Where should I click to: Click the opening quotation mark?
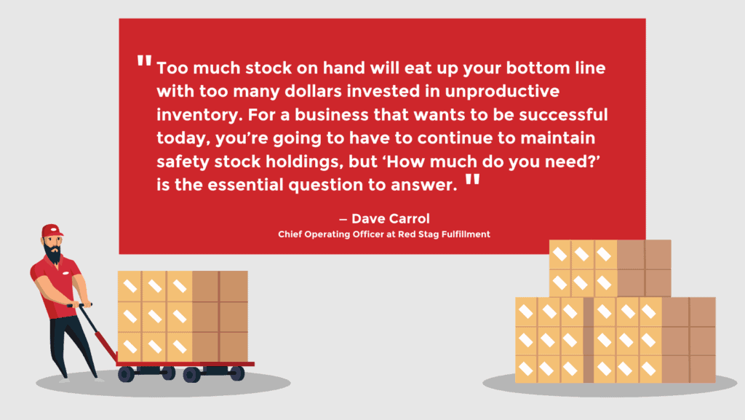coord(144,62)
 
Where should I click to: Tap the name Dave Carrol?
coord(387,218)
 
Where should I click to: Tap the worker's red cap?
coord(51,231)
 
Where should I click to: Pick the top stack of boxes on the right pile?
coord(610,268)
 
